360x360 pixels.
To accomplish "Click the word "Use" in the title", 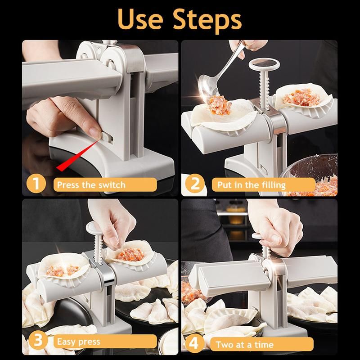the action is (140, 19).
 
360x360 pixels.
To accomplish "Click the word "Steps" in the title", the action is (207, 21).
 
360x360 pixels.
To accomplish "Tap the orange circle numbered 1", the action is (36, 184).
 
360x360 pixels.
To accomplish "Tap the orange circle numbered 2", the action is (195, 184).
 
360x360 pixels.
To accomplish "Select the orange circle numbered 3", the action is (38, 341).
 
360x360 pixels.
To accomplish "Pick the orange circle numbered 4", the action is (194, 343).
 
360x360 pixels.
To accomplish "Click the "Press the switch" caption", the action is (91, 185).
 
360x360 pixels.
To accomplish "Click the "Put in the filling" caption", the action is (252, 185).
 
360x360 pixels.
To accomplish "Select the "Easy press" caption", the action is (78, 342).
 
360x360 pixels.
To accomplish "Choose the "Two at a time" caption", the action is (244, 345).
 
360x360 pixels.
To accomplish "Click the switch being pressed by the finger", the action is (106, 138).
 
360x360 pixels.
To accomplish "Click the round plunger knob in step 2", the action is (264, 65).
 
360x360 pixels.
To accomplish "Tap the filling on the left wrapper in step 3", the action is (63, 270).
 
